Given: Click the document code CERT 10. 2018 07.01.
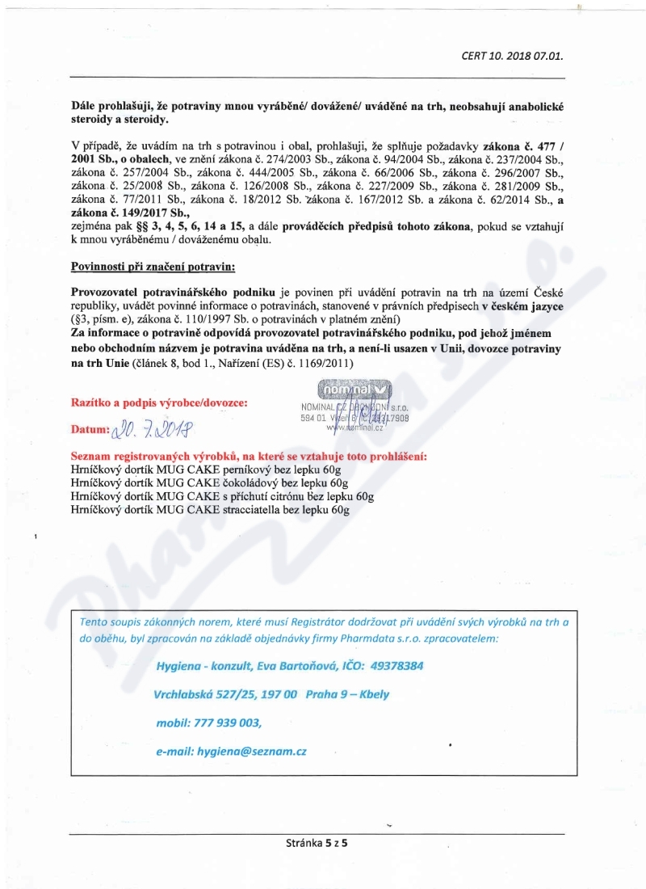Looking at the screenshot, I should click(x=512, y=57).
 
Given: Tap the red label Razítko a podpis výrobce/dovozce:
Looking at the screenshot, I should click(x=159, y=402).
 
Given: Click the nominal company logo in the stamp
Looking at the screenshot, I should click(x=345, y=391).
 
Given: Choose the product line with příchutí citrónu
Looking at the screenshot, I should click(x=222, y=496).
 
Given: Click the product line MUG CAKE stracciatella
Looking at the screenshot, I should click(x=210, y=510).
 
